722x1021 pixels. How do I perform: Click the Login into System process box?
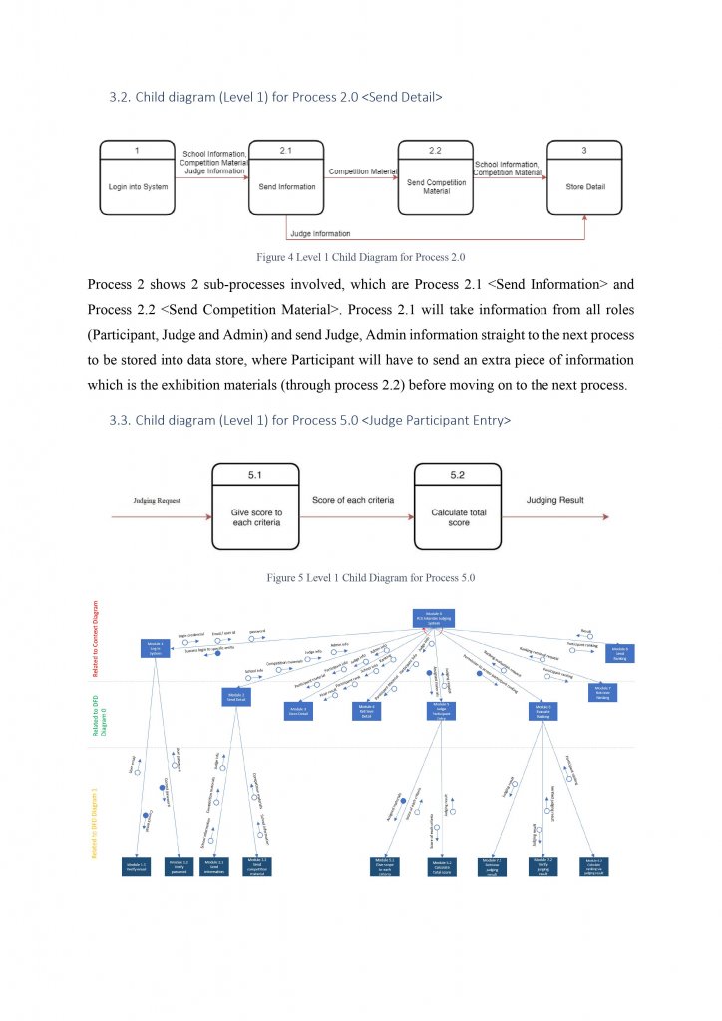136,177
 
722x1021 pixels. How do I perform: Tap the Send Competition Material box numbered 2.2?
435,177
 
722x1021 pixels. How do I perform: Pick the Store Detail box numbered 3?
584,177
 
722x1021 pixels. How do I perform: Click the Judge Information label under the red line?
320,234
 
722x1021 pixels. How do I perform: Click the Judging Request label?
158,499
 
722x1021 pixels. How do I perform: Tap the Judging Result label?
556,499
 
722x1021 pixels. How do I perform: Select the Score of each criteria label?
353,499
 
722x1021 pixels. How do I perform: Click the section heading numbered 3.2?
275,98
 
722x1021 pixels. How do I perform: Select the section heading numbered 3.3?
309,421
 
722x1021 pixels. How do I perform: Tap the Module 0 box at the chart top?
434,618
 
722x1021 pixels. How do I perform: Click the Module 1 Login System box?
155,649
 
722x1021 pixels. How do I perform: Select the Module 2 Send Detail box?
236,698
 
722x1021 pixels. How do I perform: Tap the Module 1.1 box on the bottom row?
136,865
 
